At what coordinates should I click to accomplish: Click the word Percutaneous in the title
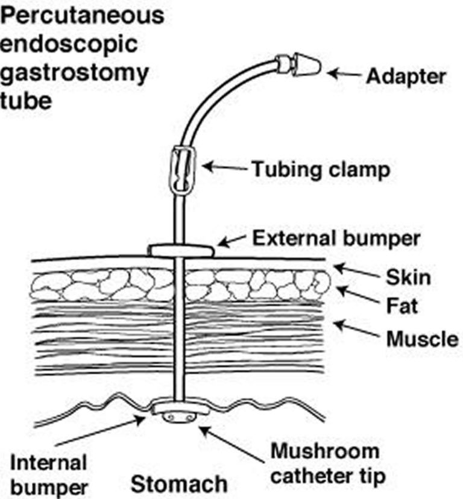point(82,16)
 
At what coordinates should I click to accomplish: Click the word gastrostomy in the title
point(74,73)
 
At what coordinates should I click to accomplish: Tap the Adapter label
point(406,77)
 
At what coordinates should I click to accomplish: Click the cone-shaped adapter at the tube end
point(307,63)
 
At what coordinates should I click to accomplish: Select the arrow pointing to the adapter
point(345,75)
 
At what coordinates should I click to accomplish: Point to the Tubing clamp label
point(320,169)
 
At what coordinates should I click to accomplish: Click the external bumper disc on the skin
point(181,249)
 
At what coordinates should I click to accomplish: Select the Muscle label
point(422,339)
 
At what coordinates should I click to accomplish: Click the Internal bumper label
point(49,473)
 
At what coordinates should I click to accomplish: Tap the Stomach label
point(180,483)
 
